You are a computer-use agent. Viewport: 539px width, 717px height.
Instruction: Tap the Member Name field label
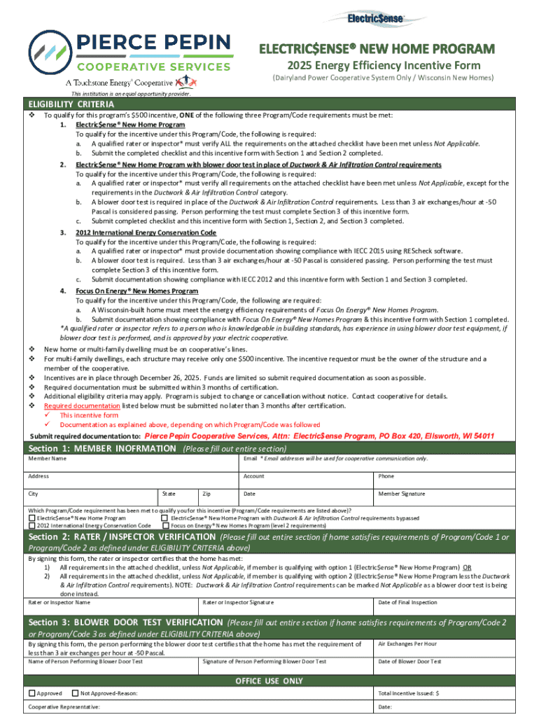(x=48, y=459)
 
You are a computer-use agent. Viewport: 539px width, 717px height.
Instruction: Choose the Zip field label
(x=206, y=494)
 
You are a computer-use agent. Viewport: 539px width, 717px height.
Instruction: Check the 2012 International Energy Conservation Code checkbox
(x=31, y=525)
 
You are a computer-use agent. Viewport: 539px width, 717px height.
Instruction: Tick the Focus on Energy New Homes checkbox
(x=164, y=525)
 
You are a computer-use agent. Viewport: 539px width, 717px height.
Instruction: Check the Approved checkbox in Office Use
(x=31, y=693)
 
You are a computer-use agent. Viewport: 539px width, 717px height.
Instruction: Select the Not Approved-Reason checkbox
(x=76, y=693)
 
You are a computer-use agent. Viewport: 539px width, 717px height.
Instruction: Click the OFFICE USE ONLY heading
(x=269, y=681)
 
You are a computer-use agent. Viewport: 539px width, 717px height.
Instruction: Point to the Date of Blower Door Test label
(x=409, y=661)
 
